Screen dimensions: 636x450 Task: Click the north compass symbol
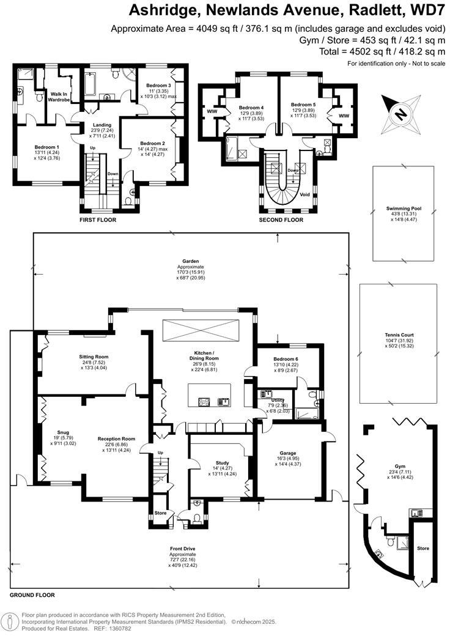coord(400,114)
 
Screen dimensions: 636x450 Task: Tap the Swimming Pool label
coord(404,209)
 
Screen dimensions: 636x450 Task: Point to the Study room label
coord(221,463)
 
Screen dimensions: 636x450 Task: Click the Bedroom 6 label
coord(281,358)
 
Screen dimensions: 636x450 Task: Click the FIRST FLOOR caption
coord(98,219)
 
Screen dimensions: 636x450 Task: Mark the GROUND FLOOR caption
coord(32,594)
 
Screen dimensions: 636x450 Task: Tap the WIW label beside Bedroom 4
coord(212,111)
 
